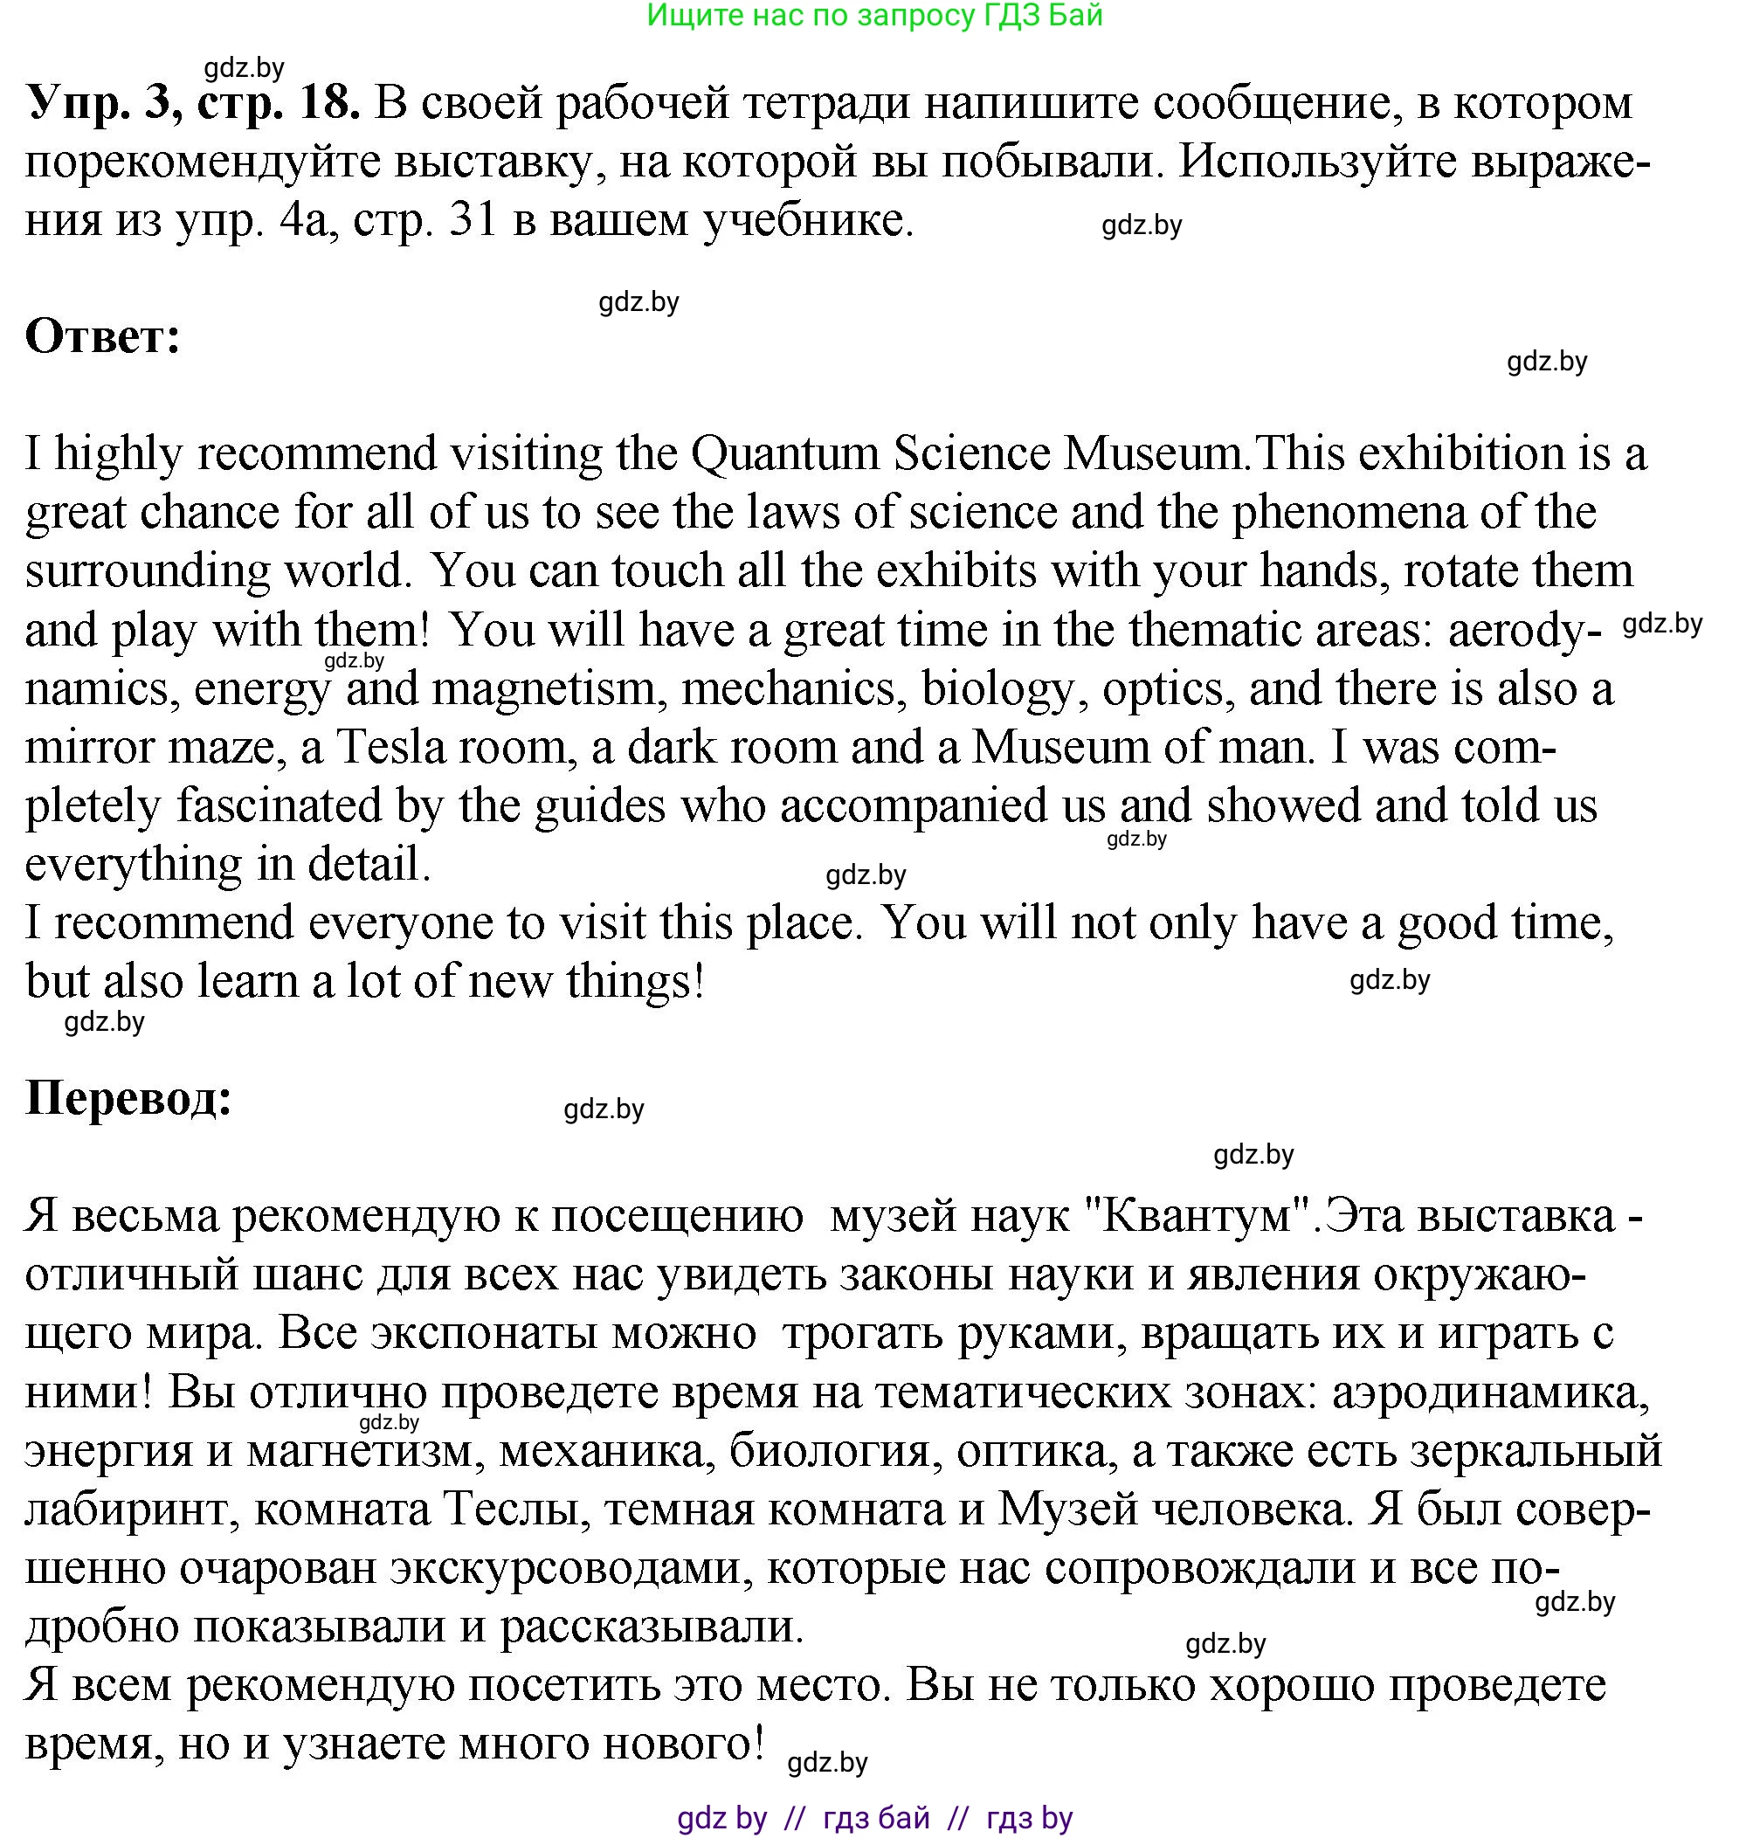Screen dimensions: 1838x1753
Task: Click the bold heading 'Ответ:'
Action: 103,337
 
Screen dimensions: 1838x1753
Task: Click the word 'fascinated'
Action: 280,806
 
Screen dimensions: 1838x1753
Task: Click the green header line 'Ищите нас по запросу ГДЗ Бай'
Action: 874,15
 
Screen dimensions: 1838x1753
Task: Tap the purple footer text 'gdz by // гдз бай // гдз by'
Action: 874,1817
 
